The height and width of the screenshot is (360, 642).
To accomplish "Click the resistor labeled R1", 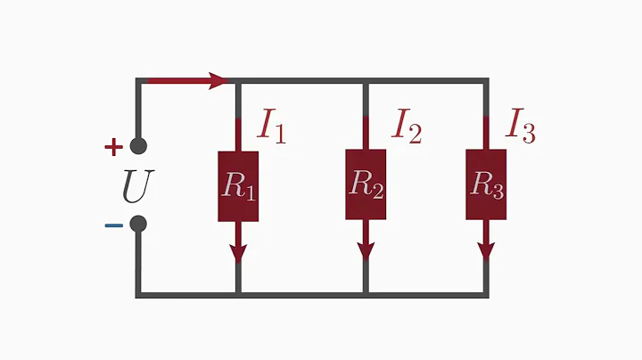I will [238, 186].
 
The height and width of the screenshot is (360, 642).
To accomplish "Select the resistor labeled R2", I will [366, 184].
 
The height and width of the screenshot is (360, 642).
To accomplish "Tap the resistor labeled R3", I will [486, 184].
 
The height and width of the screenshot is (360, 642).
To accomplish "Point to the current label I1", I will [272, 127].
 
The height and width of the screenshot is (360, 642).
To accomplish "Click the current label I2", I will [406, 127].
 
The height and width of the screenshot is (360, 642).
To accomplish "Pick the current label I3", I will [520, 127].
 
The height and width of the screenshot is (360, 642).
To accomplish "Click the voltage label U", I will [138, 185].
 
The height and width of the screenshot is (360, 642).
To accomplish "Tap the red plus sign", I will [113, 147].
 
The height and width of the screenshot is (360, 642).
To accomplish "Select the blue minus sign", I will [113, 225].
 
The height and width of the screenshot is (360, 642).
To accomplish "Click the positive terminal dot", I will [138, 147].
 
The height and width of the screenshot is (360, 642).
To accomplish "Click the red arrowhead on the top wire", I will [219, 81].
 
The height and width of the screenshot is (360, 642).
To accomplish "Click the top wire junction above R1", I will [238, 81].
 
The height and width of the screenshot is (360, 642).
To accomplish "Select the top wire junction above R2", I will [366, 81].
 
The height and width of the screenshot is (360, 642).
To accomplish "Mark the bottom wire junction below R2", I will [366, 292].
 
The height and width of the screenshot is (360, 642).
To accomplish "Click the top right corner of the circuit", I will [486, 81].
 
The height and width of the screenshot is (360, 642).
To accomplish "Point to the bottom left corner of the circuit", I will [138, 292].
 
